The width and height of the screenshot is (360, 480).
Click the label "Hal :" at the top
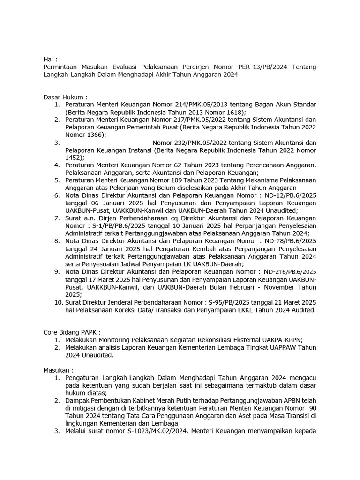(50, 59)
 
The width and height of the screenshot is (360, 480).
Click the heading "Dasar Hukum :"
(65, 97)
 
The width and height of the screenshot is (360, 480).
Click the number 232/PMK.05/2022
(183, 142)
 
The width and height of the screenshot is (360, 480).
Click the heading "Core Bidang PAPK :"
(72, 332)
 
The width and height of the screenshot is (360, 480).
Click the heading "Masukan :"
(59, 370)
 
